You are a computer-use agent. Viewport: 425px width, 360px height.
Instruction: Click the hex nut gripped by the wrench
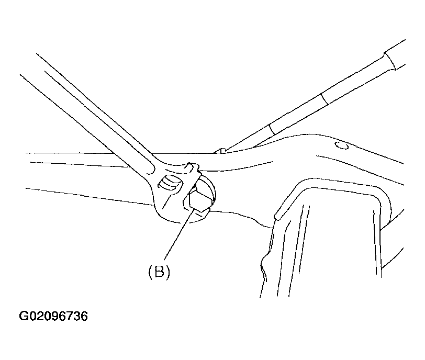200,197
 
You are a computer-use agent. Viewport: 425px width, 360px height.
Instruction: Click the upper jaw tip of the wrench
194,166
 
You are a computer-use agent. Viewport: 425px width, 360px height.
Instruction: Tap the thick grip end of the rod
394,55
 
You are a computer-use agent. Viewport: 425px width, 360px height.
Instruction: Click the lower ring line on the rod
273,130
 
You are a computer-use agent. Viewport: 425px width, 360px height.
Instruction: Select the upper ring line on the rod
325,99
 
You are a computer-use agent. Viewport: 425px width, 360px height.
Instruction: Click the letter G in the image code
24,316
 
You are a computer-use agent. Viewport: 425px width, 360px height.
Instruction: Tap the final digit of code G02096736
84,316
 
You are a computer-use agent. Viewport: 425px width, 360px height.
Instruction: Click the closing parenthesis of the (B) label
167,272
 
